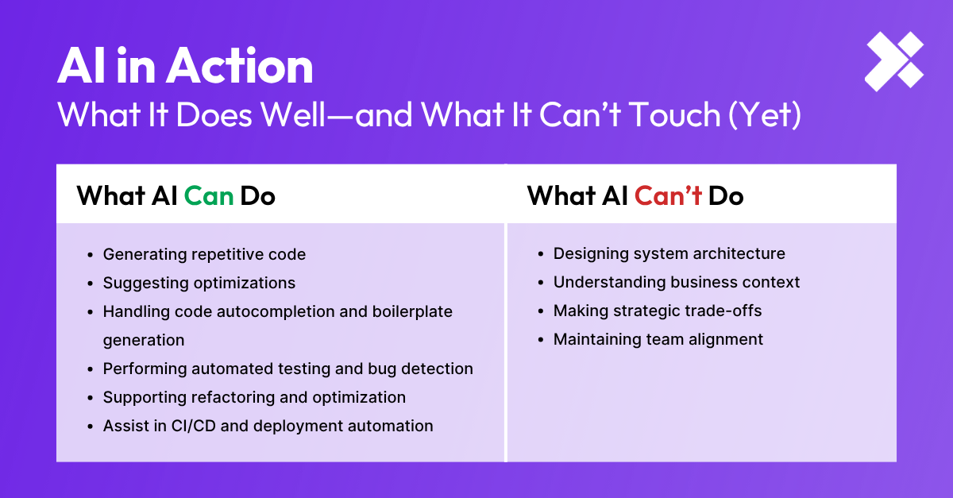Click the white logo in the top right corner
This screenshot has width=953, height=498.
(894, 61)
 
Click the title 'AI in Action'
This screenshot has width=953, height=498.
(185, 67)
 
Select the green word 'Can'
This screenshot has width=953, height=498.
(209, 195)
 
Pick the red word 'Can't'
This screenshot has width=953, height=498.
(668, 195)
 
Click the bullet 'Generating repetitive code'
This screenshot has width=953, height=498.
(204, 254)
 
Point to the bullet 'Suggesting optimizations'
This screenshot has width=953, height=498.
(199, 283)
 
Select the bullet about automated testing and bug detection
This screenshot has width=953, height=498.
(287, 369)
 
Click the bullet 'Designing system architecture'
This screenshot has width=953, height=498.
(669, 253)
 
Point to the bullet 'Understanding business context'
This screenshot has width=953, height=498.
(677, 282)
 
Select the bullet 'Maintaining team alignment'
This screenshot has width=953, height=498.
(658, 339)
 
